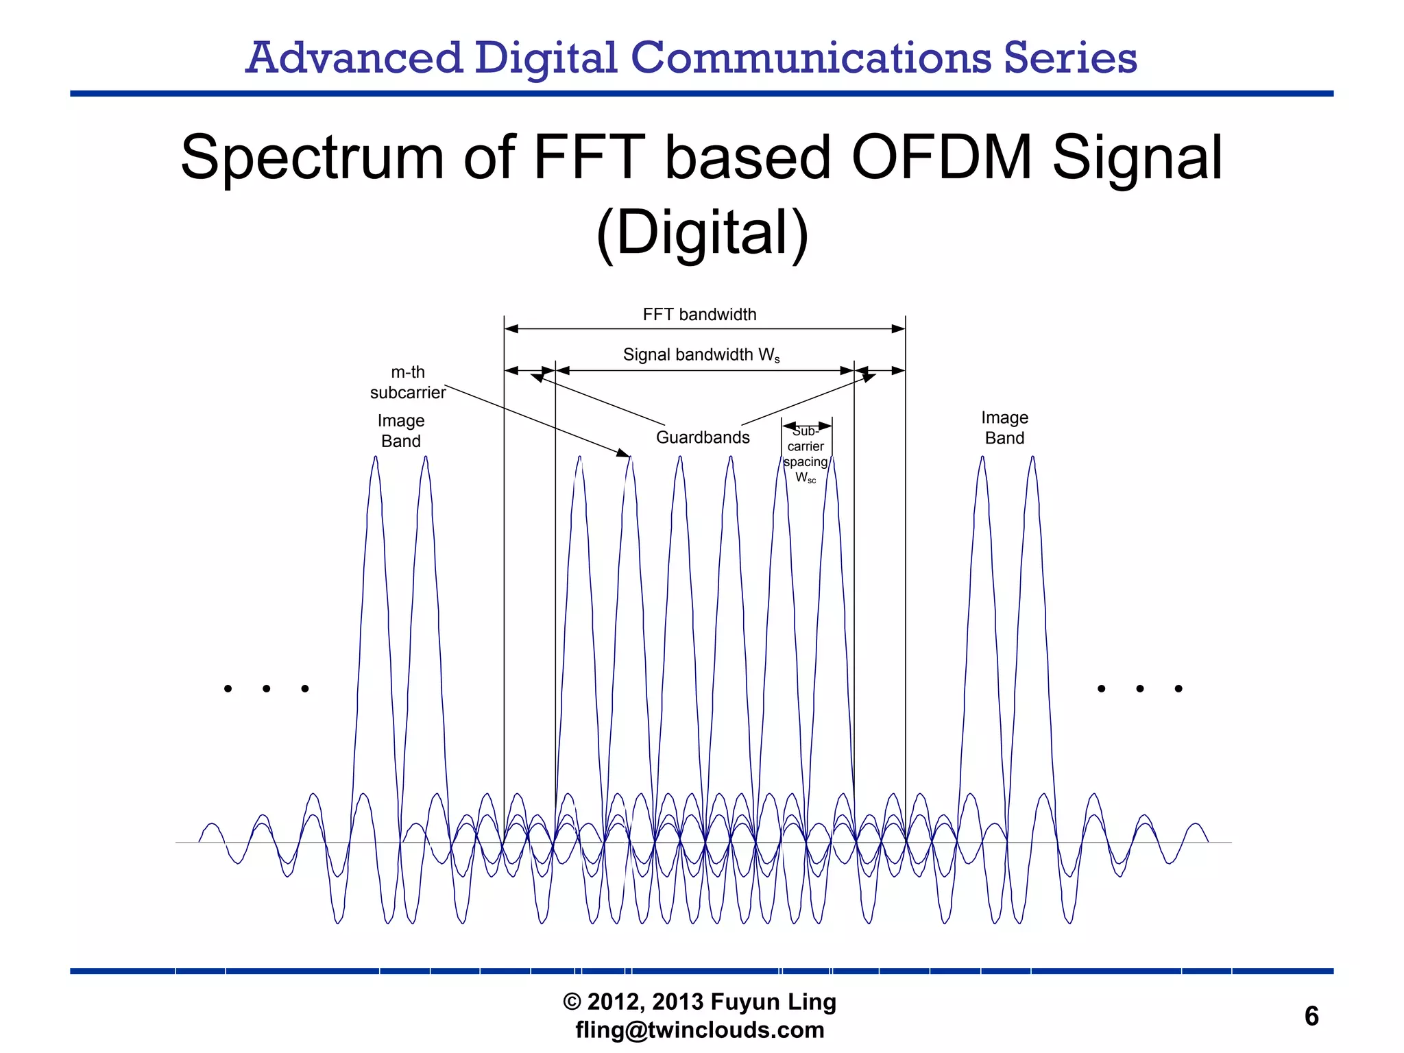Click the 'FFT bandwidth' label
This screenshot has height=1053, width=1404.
[699, 315]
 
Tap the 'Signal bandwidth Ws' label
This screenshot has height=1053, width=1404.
[701, 355]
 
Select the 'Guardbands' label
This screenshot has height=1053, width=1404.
[703, 437]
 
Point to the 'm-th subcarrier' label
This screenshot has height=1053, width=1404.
[408, 383]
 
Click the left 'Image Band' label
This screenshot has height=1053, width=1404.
[401, 431]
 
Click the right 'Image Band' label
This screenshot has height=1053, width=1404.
[1004, 428]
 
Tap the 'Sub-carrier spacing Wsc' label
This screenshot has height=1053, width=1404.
[806, 455]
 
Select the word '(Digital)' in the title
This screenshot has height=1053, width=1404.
[702, 233]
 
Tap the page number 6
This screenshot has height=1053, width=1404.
[1311, 1016]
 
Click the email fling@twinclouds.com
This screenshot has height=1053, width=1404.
[700, 1030]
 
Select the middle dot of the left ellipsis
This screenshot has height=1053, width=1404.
[266, 688]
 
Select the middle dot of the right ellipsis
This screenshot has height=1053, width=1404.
[1139, 688]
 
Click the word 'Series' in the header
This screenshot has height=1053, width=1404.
[1070, 58]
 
